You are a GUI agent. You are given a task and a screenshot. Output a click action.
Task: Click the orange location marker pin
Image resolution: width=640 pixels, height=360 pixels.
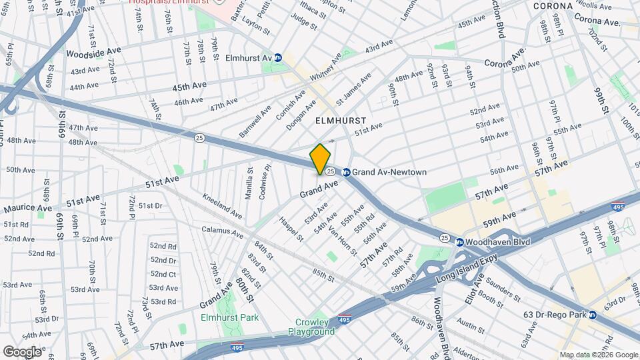pos(320,159)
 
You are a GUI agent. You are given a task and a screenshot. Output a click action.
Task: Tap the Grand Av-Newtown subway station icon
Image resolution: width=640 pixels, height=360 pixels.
pos(346,172)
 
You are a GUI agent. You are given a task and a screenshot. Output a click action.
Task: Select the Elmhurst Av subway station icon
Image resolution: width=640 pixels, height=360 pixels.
pos(277,58)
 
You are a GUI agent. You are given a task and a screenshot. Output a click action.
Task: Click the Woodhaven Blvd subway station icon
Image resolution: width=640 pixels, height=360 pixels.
pos(459,241)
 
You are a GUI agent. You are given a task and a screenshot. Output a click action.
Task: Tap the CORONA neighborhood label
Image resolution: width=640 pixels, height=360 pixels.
pos(553,6)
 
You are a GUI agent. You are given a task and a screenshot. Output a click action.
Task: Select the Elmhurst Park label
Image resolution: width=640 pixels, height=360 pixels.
pos(229,317)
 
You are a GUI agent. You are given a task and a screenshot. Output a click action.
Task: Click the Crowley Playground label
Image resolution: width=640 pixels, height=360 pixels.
pos(311,327)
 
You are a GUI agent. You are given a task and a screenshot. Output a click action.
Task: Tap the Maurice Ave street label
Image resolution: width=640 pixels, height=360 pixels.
pos(28,209)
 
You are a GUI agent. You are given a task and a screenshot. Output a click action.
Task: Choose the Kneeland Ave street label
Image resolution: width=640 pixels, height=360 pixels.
pos(223,207)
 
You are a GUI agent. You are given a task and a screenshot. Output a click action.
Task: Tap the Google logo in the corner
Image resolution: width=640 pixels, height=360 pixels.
pos(22,351)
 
